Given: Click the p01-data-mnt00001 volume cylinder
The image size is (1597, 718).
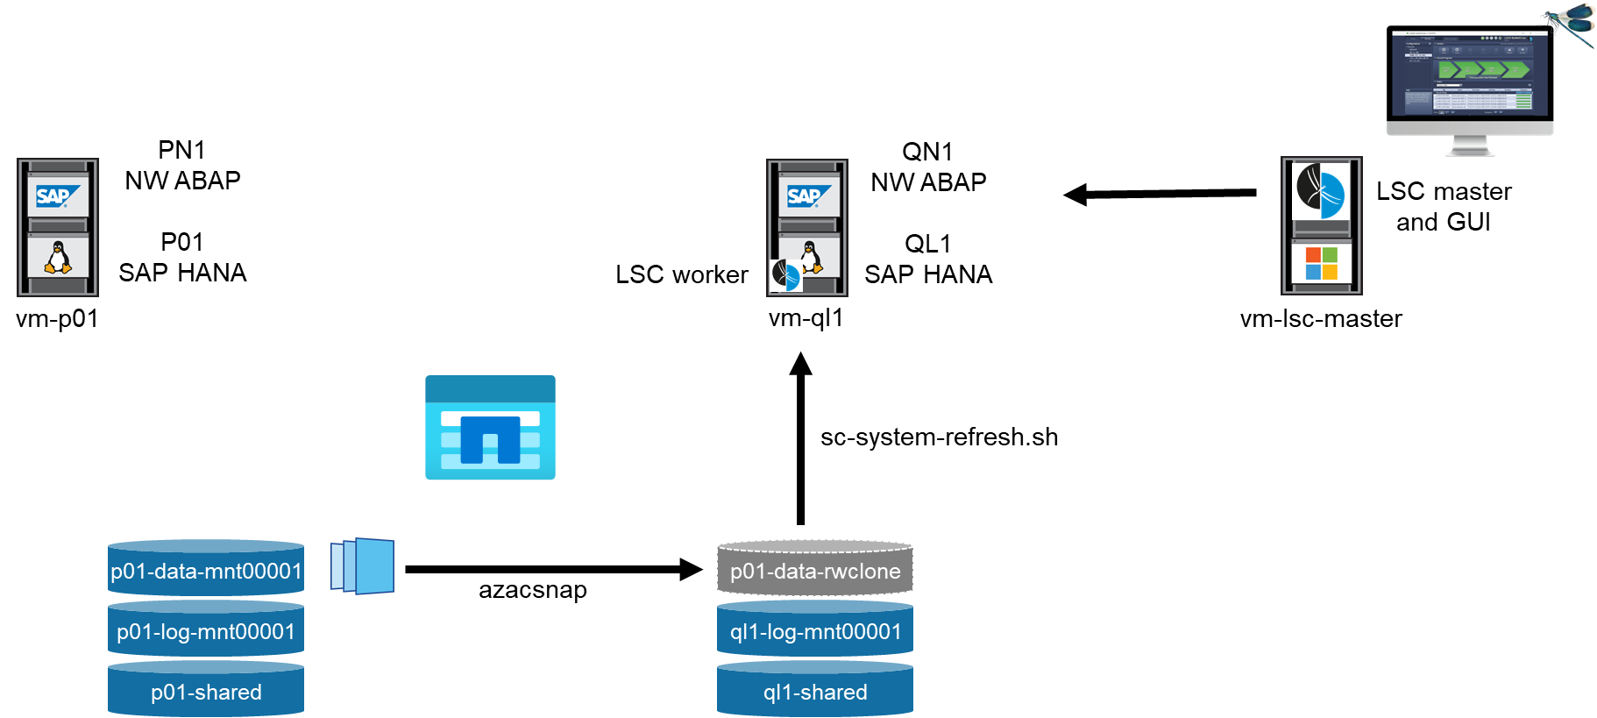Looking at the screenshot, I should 206,570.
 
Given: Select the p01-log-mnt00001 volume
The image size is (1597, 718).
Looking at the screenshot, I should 206,630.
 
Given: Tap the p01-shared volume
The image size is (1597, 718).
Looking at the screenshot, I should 206,691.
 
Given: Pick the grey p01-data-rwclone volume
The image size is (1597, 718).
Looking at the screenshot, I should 815,570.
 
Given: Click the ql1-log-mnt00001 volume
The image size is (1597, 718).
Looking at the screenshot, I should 815,630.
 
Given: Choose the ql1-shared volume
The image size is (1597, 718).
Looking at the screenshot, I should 815,691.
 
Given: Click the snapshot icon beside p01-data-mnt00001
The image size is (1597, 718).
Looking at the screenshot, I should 363,566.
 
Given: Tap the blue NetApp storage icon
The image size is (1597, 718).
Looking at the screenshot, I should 490,428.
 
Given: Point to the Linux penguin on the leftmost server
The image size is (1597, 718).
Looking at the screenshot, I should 58,258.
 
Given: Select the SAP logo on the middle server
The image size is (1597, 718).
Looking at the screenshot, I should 808,196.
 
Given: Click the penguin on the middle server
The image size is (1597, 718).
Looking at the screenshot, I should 811,256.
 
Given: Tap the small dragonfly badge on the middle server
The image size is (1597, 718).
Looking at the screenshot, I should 785,275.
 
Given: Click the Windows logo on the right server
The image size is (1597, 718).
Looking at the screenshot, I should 1322,263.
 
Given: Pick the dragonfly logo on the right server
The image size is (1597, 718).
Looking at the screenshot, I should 1321,191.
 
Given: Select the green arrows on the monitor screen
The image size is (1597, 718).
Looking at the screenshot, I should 1483,69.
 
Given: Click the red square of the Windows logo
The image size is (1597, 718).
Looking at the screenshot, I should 1313,255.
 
